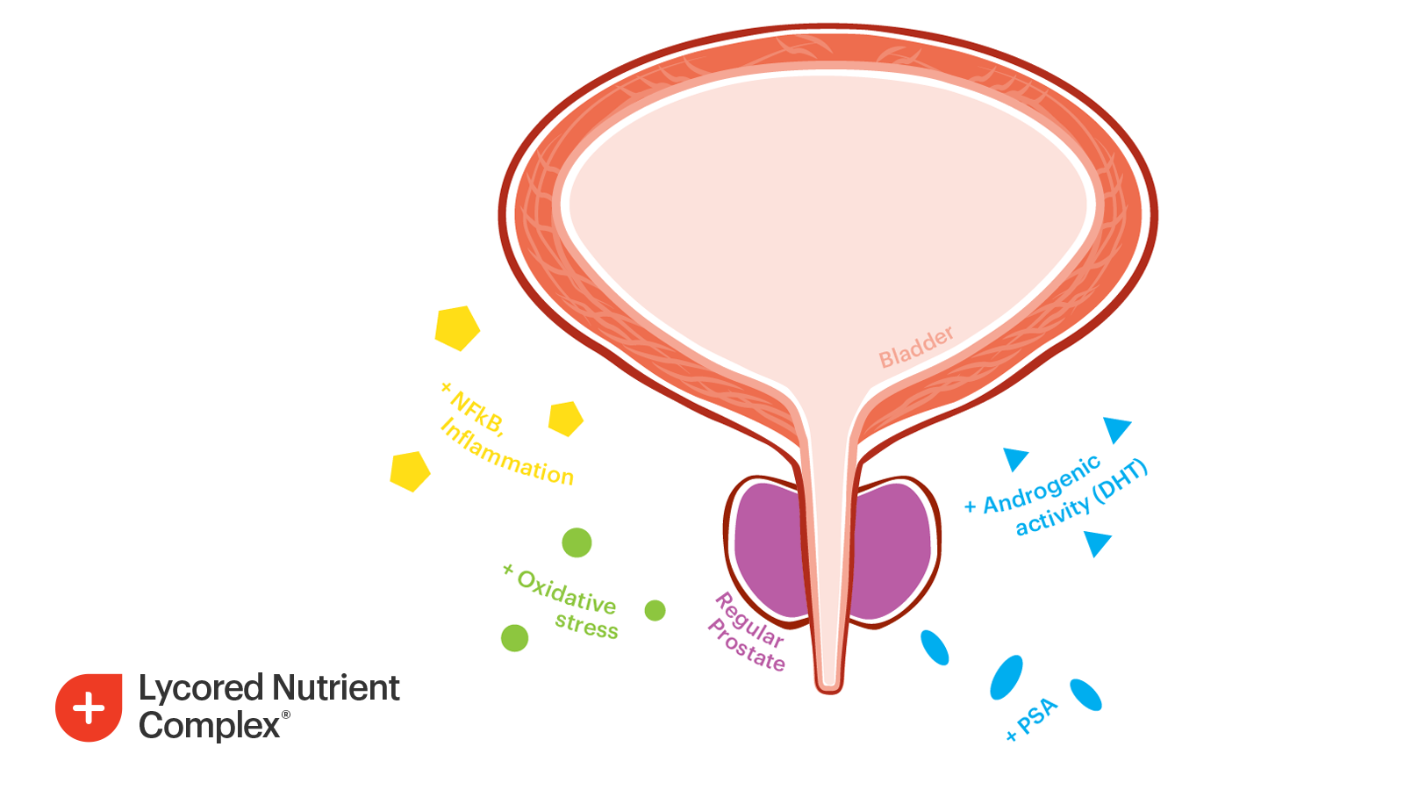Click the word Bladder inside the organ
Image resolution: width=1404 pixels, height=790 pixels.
[916, 348]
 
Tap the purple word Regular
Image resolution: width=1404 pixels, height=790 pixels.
[749, 620]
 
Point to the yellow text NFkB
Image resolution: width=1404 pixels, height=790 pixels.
[477, 413]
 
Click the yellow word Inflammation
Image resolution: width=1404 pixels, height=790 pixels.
[507, 454]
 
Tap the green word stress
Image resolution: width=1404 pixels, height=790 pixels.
[586, 626]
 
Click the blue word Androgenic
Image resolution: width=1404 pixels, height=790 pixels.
[1042, 485]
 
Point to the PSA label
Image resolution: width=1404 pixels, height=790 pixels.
[1038, 717]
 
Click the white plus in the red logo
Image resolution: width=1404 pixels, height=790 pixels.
[89, 708]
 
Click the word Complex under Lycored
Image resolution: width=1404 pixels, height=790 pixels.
[209, 726]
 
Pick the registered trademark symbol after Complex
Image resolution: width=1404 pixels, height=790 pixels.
[286, 715]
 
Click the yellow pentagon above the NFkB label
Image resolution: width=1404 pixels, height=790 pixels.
[457, 328]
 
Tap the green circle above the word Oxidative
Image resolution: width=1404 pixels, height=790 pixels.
[577, 542]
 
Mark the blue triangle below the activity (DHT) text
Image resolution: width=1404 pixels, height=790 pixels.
[1096, 543]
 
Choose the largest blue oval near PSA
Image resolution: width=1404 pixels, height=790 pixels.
[1006, 678]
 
